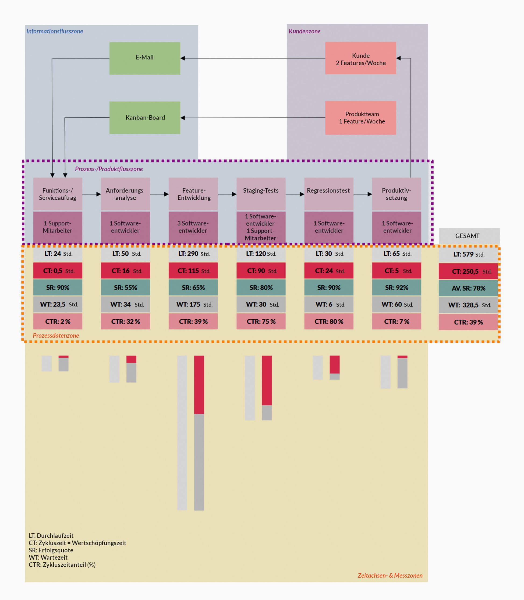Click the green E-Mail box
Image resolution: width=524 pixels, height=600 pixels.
[145, 58]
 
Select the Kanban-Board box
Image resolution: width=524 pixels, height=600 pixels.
[145, 118]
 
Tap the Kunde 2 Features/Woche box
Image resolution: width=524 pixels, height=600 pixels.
[360, 58]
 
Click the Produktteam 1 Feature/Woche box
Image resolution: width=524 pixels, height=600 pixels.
[360, 118]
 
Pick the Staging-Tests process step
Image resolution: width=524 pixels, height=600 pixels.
[261, 194]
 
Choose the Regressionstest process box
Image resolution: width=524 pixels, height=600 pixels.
[329, 194]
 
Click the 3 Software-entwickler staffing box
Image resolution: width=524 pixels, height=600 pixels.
[193, 227]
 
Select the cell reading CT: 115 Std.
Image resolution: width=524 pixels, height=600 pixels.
[193, 271]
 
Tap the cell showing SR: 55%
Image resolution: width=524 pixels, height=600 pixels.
[125, 288]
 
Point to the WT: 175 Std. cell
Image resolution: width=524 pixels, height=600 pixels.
[193, 305]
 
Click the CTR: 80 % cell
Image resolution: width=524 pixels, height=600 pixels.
[329, 322]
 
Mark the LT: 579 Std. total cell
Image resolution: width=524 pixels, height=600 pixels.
[468, 255]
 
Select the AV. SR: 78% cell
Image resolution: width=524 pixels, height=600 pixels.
[468, 288]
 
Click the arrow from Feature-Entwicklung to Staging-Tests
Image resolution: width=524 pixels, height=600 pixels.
[227, 194]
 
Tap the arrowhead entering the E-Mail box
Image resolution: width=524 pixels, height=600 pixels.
[183, 58]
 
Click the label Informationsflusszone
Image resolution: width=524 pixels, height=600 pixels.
[55, 31]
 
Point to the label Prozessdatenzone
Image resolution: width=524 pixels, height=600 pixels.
[56, 336]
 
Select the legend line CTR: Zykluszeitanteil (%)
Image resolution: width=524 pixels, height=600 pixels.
[62, 564]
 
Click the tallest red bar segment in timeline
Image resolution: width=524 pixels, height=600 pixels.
[199, 385]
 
